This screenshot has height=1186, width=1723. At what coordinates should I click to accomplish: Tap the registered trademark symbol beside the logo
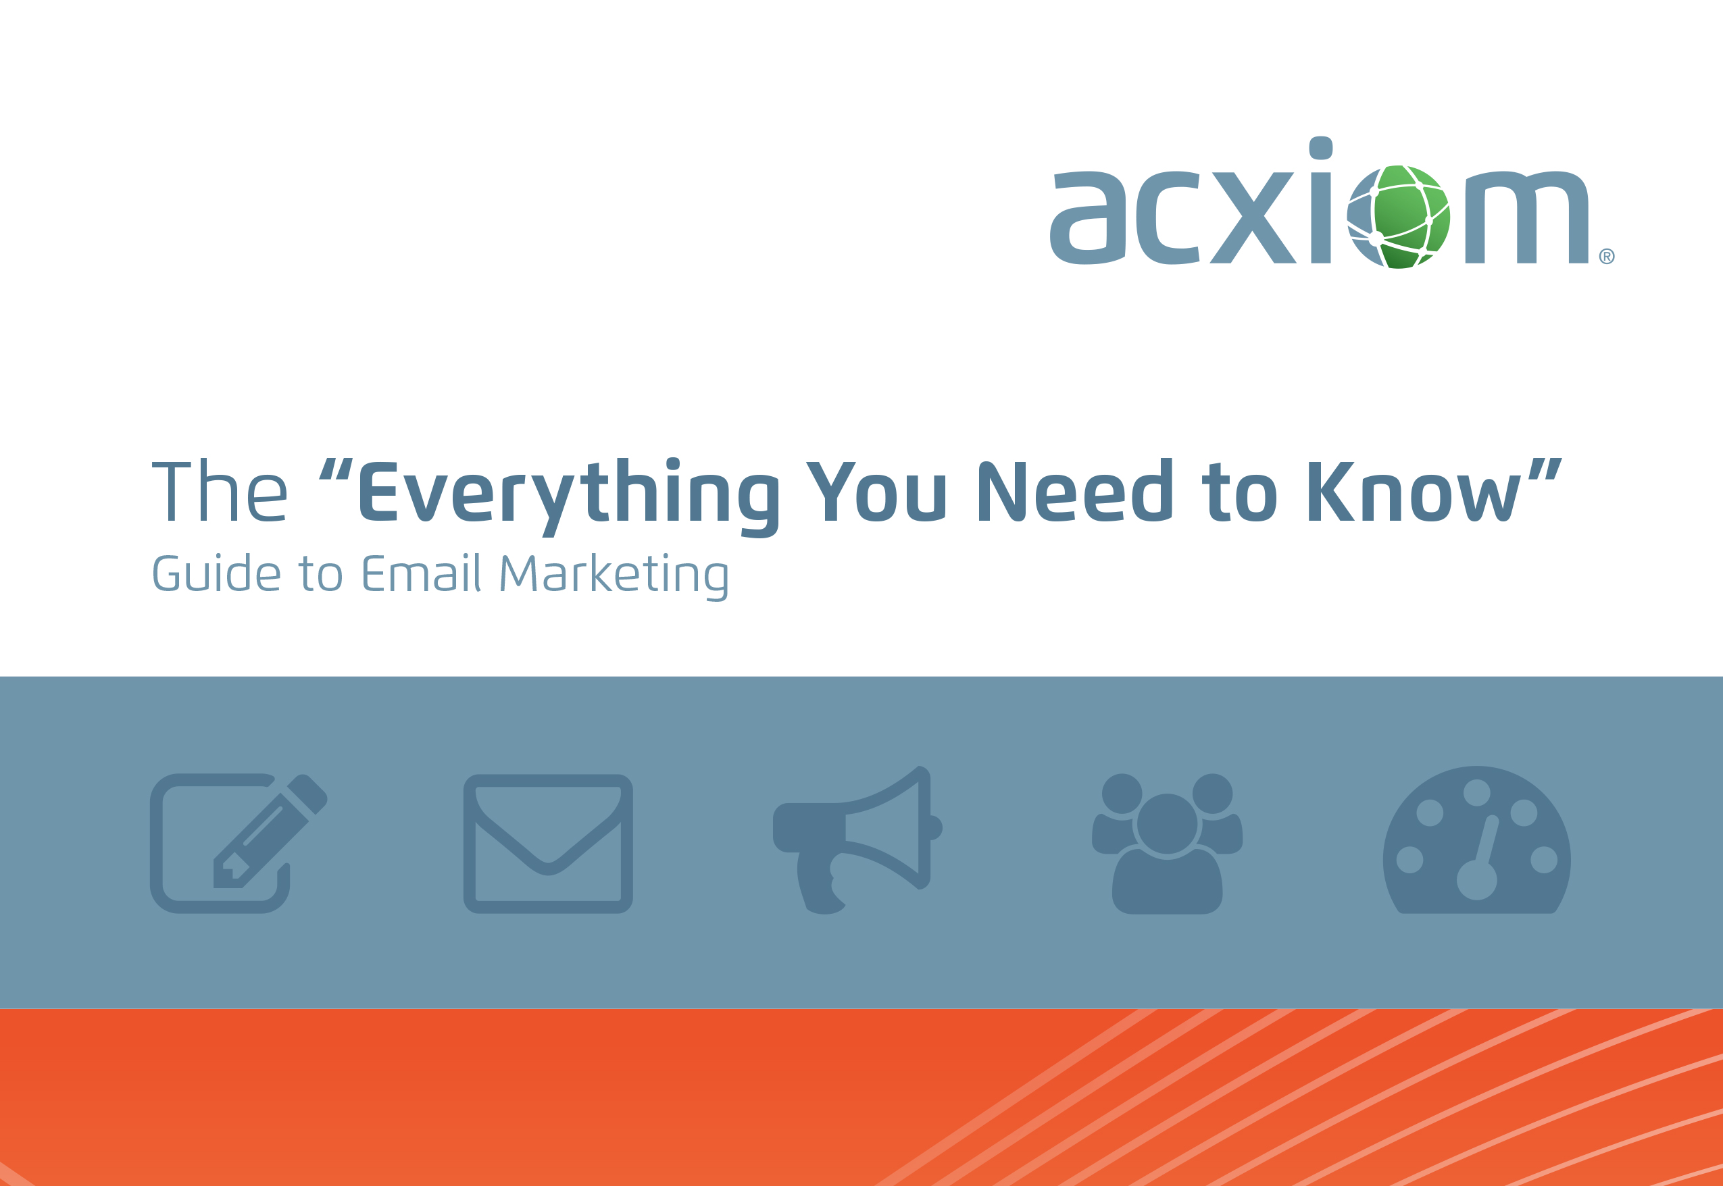(1607, 257)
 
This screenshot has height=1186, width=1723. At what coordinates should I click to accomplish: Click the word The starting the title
(220, 491)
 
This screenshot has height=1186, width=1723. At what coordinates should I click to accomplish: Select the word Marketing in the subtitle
(614, 577)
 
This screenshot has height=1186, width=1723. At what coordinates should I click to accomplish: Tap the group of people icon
(1167, 844)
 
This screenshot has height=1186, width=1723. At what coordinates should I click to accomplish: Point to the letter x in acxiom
(1253, 217)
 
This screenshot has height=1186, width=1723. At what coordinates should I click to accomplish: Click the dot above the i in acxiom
(1321, 148)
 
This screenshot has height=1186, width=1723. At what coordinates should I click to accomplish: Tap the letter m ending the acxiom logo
(1527, 217)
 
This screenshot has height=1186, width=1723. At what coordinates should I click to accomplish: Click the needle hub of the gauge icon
(1477, 879)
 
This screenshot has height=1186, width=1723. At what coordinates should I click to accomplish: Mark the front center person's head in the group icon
(1167, 823)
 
